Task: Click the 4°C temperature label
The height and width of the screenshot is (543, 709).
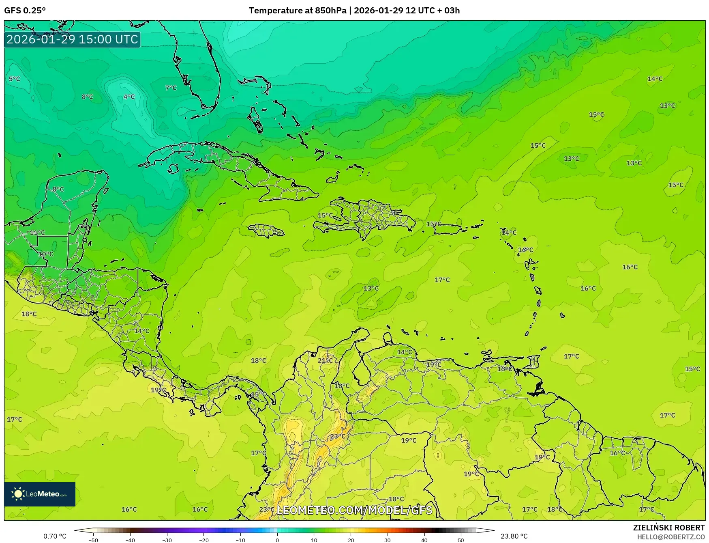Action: pos(129,97)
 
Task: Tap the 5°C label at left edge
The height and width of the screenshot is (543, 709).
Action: pos(14,79)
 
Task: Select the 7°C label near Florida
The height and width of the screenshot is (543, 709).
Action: pos(171,88)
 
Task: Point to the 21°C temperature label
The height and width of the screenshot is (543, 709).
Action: pos(325,360)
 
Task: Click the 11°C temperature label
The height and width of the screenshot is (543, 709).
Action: pos(37,233)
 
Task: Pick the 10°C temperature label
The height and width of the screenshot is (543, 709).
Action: pos(45,254)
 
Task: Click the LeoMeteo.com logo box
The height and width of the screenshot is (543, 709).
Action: pos(40,494)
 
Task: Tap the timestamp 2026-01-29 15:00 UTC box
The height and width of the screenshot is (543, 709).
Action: pos(72,39)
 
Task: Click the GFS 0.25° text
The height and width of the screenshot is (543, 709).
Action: pos(25,11)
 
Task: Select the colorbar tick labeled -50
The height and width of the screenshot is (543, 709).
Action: pos(93,540)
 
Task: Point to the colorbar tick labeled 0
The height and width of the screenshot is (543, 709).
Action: pos(277,540)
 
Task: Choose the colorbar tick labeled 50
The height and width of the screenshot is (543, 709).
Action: pos(461,540)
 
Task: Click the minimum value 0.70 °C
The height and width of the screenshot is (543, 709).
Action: pos(55,536)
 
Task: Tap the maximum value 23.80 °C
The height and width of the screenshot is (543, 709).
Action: pos(514,536)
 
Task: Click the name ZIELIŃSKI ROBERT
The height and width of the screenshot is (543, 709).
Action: pos(668,528)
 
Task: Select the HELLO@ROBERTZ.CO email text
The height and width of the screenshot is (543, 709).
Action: pos(670,537)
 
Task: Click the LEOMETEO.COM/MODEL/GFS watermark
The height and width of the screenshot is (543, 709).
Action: pos(354,510)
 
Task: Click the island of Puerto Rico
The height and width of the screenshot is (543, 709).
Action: pos(448,229)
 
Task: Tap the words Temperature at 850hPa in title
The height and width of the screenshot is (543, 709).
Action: pos(298,11)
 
